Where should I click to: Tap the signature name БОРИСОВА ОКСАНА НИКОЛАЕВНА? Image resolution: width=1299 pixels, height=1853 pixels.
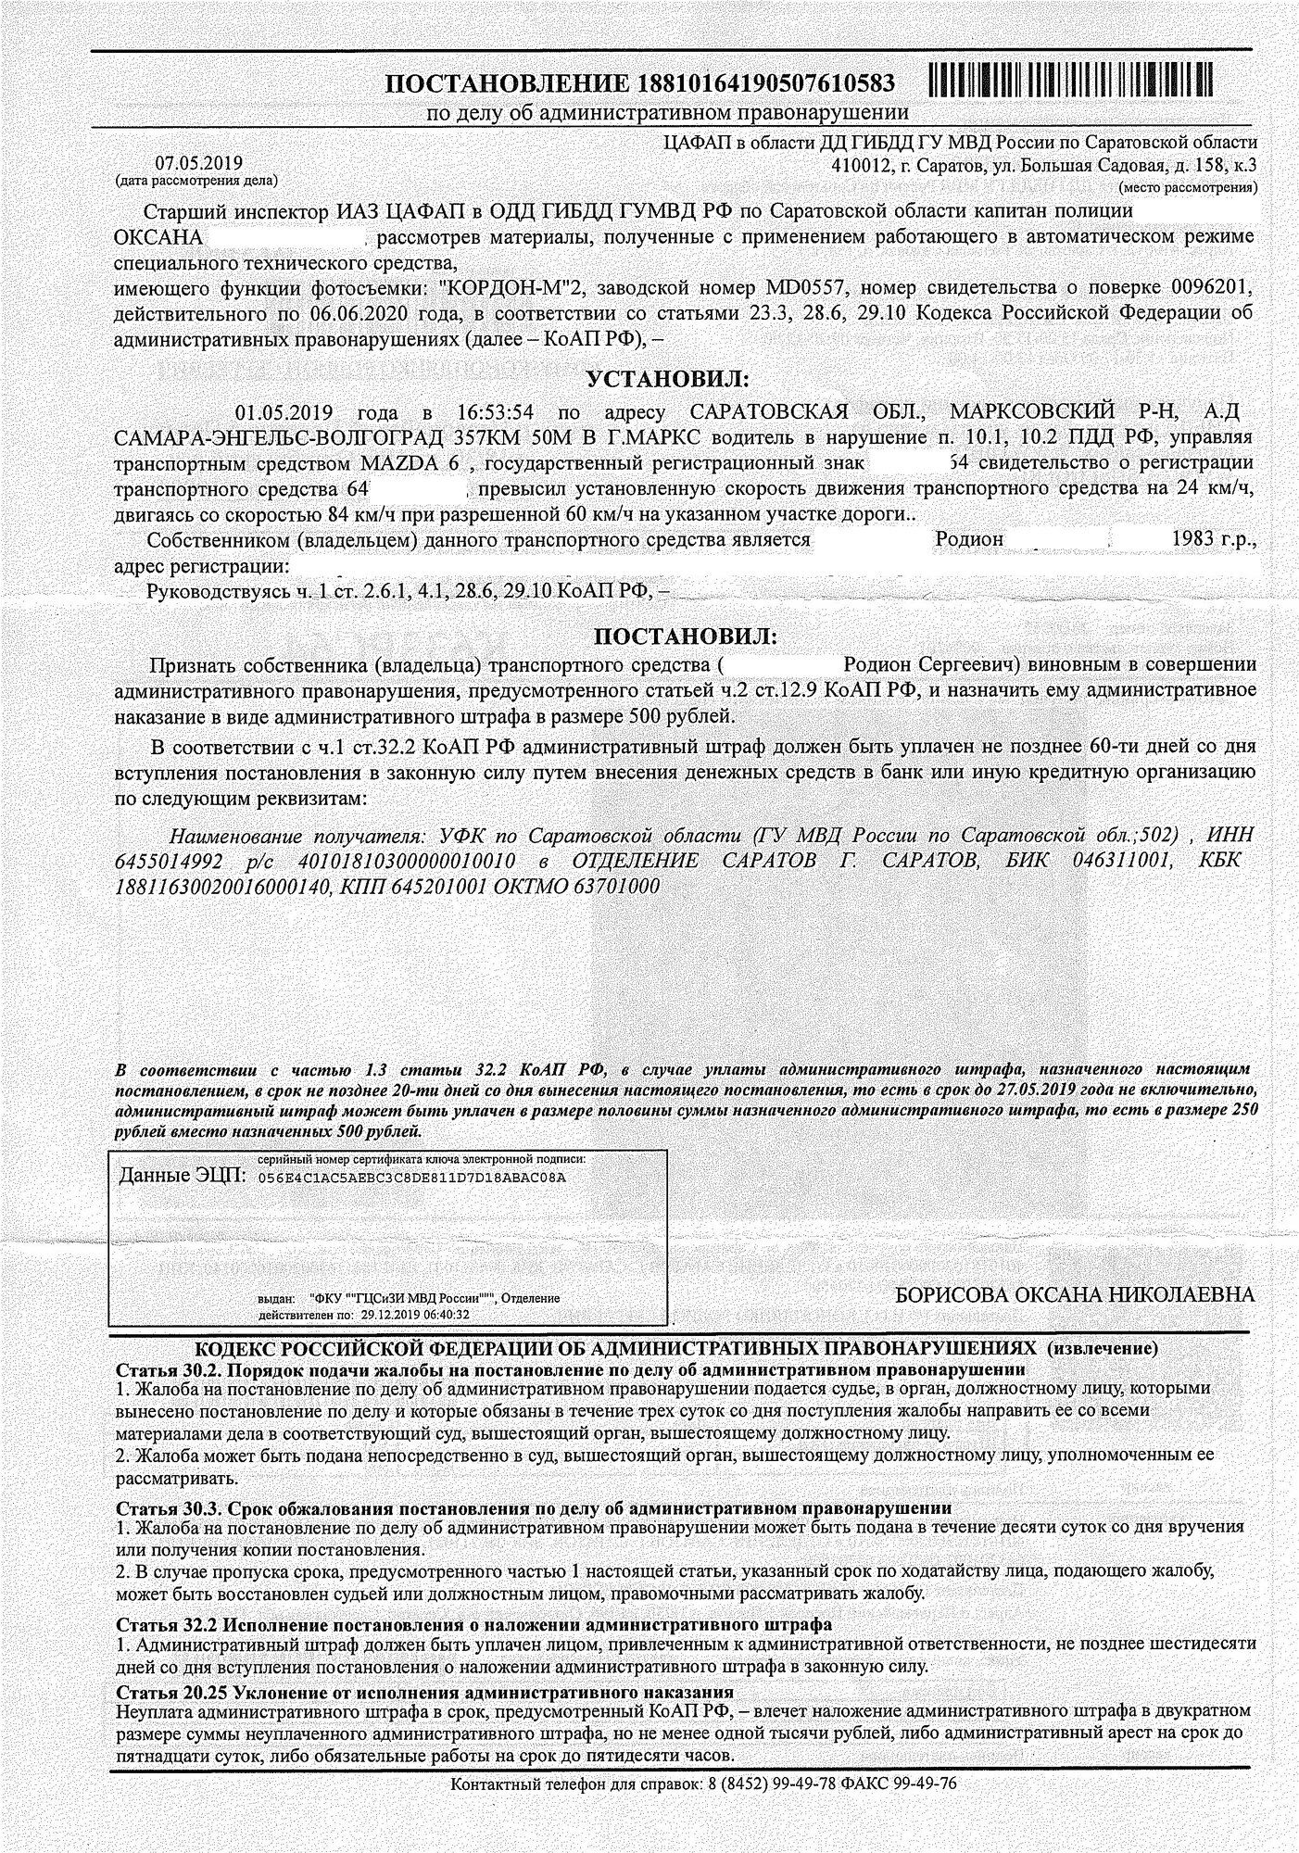click(1076, 1294)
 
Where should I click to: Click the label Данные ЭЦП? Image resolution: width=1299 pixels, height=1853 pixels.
click(182, 1176)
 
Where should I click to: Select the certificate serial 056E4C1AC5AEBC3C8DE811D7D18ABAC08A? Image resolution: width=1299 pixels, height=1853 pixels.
click(411, 1177)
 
